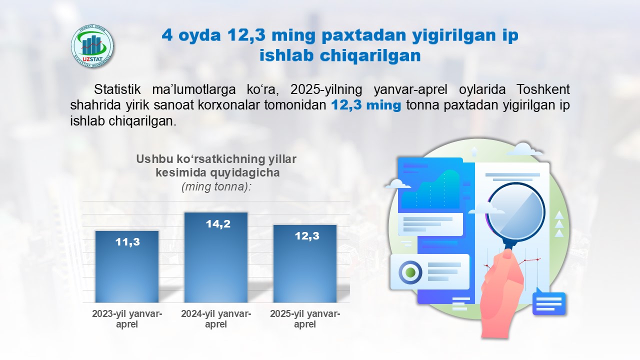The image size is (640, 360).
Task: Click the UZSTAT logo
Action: coord(92,46)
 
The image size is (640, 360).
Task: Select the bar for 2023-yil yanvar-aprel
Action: coord(127,266)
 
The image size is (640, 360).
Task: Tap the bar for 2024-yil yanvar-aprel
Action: coord(216,257)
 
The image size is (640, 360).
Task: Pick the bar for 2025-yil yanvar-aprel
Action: coord(305,263)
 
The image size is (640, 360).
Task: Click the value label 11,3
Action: coord(127,242)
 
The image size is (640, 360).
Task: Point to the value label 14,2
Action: coord(218,224)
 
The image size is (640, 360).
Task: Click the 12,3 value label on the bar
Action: coord(307,236)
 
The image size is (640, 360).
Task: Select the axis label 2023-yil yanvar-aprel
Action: coord(127,319)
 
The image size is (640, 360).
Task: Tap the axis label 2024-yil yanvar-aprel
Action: coord(216,319)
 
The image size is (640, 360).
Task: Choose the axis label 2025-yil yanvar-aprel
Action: coord(305,319)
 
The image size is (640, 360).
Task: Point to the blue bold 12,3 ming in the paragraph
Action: coord(366,105)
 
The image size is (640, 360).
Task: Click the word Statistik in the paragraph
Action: coord(117,89)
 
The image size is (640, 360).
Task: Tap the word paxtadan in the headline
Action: coord(363,35)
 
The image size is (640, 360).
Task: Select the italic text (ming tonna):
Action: coord(216,187)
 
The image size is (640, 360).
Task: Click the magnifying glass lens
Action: coord(515,212)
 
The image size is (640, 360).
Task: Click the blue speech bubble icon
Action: coord(549,302)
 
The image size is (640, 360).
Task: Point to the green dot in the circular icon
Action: coord(410,272)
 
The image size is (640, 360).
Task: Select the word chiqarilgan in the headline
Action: coord(370,55)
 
